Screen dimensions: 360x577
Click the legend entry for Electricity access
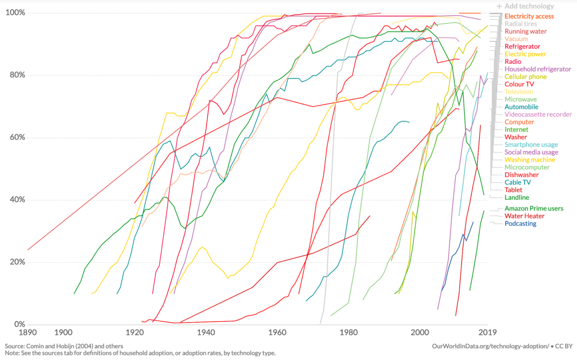(529, 16)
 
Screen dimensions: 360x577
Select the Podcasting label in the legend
(521, 223)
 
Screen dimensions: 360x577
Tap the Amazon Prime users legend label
(534, 208)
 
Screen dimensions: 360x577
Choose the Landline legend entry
(517, 197)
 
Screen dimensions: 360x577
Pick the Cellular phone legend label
(525, 77)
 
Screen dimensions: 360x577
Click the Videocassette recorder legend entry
(538, 115)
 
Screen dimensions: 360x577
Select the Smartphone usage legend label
(531, 144)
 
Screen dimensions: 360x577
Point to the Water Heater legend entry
(524, 216)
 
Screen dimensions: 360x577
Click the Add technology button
(525, 6)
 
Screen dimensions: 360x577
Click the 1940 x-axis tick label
(206, 333)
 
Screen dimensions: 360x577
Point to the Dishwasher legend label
(521, 175)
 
